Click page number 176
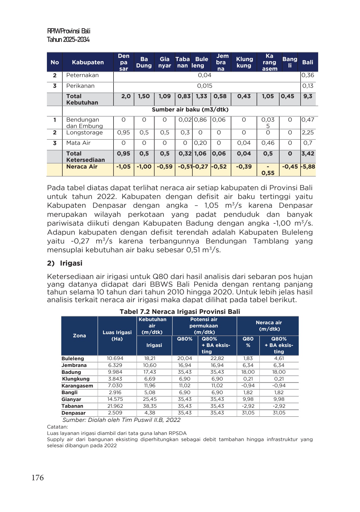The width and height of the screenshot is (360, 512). pyautogui.click(x=38, y=478)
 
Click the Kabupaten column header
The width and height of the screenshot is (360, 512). pyautogui.click(x=88, y=62)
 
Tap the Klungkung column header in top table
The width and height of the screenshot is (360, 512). pyautogui.click(x=244, y=62)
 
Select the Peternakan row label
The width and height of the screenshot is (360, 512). pyautogui.click(x=82, y=75)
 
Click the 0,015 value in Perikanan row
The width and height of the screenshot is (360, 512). pyautogui.click(x=204, y=86)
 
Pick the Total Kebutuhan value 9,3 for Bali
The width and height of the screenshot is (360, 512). pyautogui.click(x=308, y=96)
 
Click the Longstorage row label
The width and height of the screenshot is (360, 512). pyautogui.click(x=84, y=133)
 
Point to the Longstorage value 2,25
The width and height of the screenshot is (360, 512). pyautogui.click(x=308, y=133)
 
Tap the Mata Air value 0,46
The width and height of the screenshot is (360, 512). pyautogui.click(x=268, y=143)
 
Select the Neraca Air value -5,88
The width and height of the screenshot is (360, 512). pyautogui.click(x=308, y=167)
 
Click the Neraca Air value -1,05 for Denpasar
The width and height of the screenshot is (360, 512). pyautogui.click(x=124, y=167)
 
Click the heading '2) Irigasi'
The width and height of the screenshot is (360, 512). pyautogui.click(x=65, y=263)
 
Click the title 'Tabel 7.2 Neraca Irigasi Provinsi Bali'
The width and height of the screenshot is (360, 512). pyautogui.click(x=180, y=312)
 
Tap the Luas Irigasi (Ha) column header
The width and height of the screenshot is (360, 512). pyautogui.click(x=117, y=336)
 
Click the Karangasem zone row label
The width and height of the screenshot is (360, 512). pyautogui.click(x=77, y=386)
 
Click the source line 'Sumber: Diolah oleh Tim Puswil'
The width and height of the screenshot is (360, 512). pyautogui.click(x=121, y=420)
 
